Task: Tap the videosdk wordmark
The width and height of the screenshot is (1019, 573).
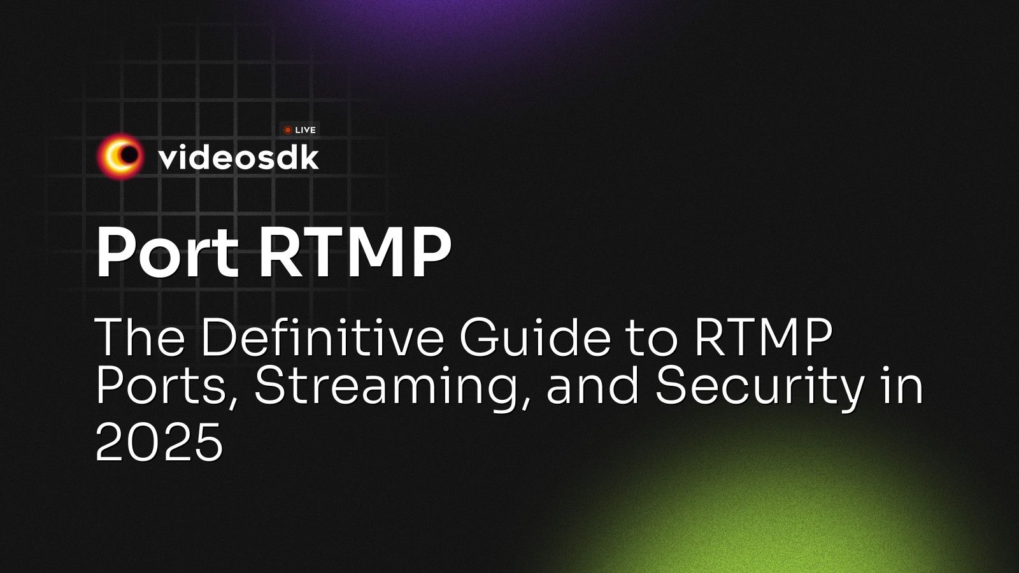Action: click(x=238, y=157)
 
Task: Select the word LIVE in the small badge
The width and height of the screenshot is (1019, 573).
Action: click(x=306, y=130)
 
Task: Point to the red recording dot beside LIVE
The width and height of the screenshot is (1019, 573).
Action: click(x=288, y=130)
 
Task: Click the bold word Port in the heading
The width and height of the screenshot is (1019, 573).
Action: click(x=167, y=253)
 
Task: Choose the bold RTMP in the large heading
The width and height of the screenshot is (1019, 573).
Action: click(x=354, y=253)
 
